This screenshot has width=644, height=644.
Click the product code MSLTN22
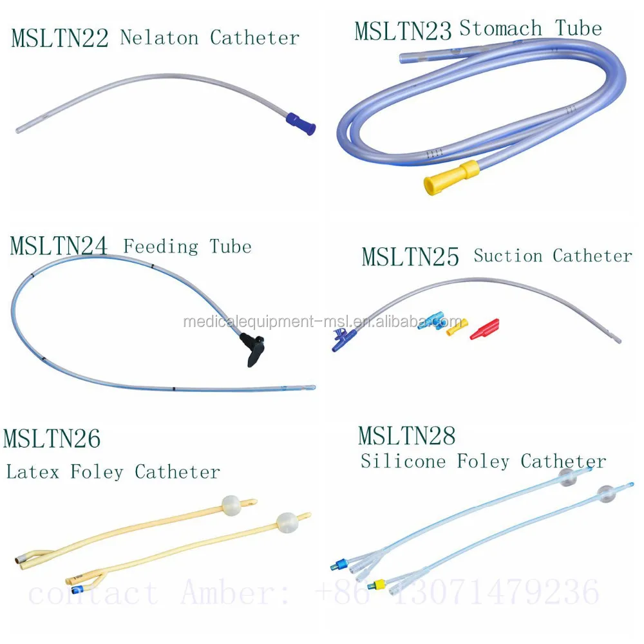[x=59, y=39]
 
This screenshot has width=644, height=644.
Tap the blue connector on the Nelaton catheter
[x=301, y=123]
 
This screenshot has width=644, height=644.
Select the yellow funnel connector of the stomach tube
[x=451, y=176]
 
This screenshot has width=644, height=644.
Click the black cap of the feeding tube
[x=255, y=348]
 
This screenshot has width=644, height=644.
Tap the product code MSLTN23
[x=403, y=31]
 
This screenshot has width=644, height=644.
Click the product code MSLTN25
[x=410, y=256]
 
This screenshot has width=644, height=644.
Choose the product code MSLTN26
[x=52, y=439]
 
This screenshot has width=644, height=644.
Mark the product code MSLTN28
[x=406, y=436]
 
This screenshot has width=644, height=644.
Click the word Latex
[x=33, y=471]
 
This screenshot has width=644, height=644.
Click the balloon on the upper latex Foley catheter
[x=231, y=506]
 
